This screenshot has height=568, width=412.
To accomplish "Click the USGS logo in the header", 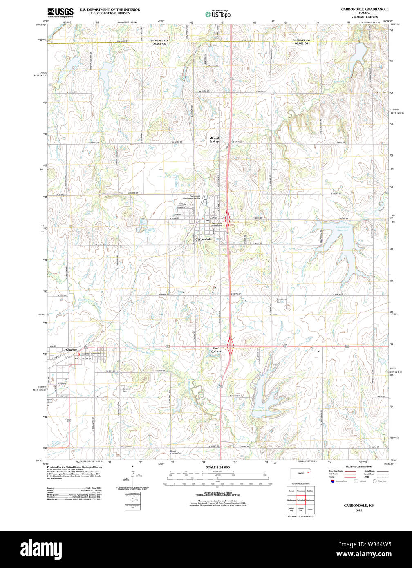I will pyautogui.click(x=60, y=11).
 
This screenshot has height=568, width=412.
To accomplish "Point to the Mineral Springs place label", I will pyautogui.click(x=214, y=140).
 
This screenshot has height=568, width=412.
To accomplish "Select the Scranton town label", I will pyautogui.click(x=72, y=350).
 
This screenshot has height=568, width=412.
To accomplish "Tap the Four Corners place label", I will pyautogui.click(x=216, y=350).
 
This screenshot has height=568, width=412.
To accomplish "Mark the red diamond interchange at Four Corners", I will pyautogui.click(x=231, y=346).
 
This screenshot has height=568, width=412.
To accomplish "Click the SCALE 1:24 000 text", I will pyautogui.click(x=217, y=467).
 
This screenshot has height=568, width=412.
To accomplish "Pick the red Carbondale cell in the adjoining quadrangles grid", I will pyautogui.click(x=300, y=500).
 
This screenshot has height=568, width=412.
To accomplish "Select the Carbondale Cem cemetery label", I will pyautogui.click(x=282, y=301).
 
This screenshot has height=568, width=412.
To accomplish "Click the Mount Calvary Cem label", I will pyautogui.click(x=176, y=452).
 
